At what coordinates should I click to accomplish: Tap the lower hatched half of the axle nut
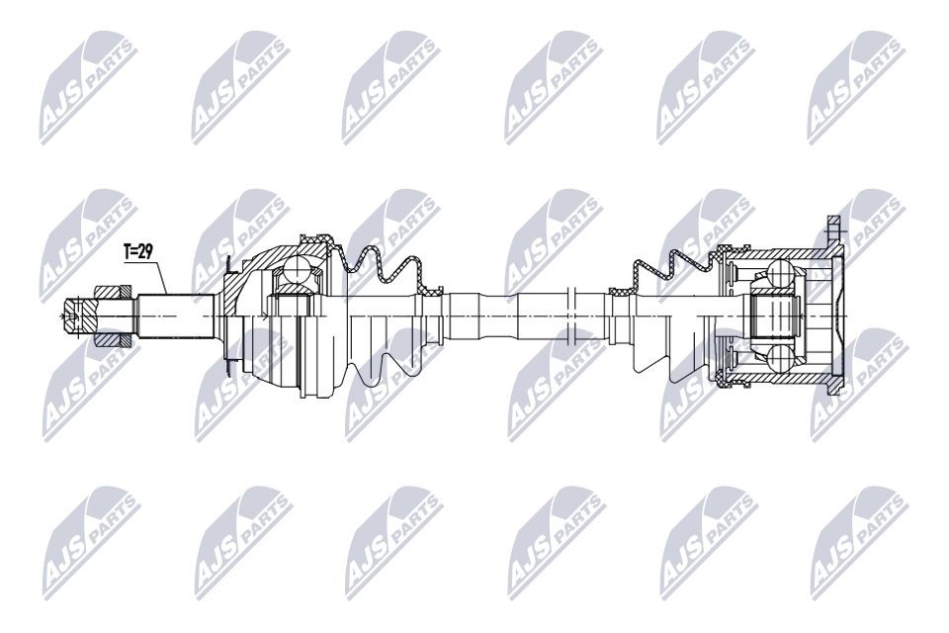point(112,337)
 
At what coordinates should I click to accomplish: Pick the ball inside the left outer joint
point(294,270)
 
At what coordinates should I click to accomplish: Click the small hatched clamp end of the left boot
point(433,291)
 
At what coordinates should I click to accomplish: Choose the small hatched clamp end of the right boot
point(618,291)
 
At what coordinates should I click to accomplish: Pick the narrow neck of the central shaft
point(494,315)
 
